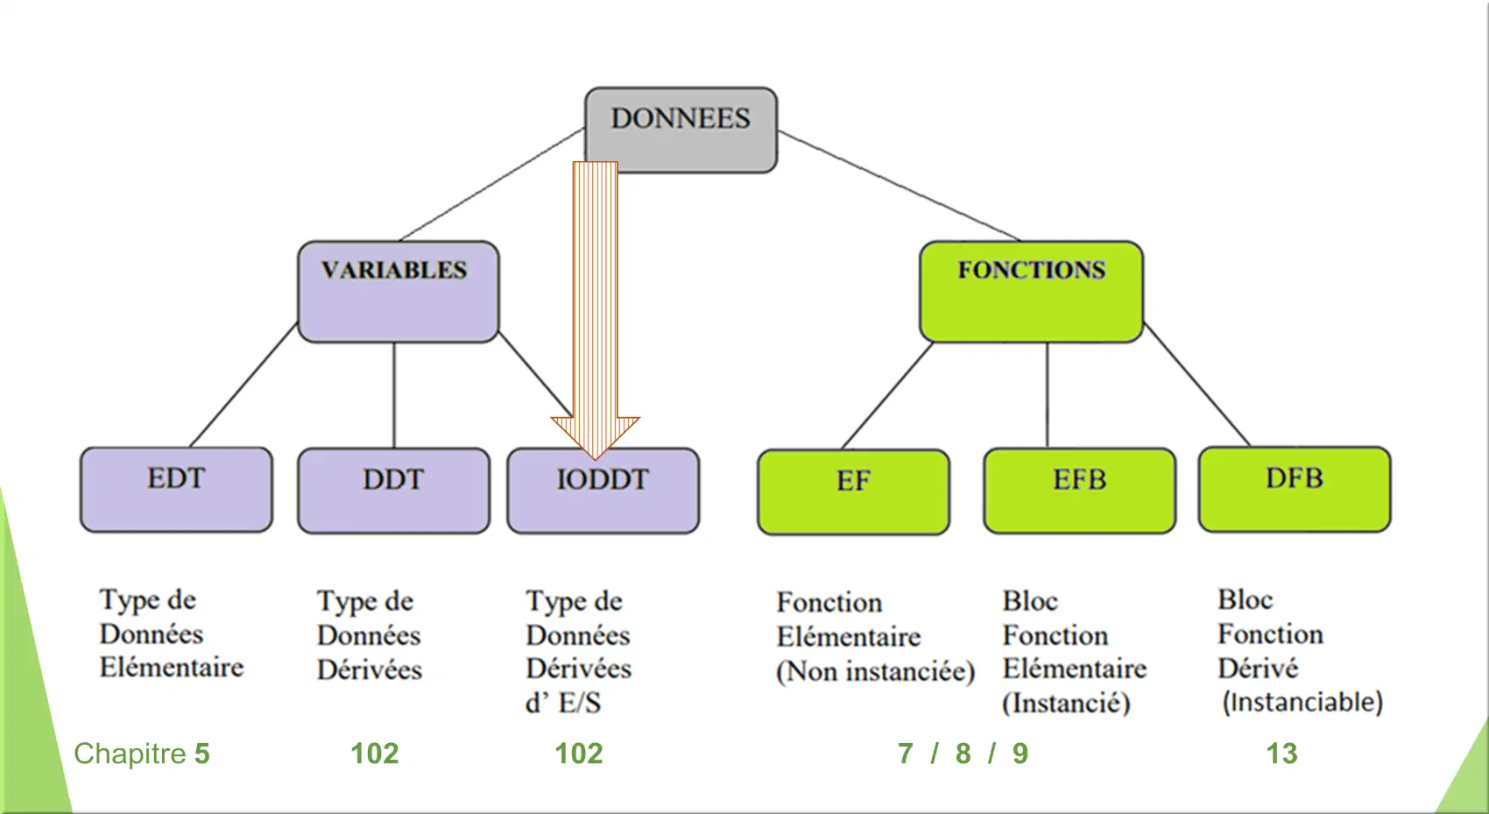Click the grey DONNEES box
click(681, 131)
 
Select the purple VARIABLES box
click(399, 292)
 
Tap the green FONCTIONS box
click(1032, 292)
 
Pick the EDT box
click(176, 490)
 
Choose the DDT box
click(393, 491)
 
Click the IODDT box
click(603, 491)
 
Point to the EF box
click(853, 492)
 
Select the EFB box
click(1079, 491)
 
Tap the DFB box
click(1295, 490)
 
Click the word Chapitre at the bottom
click(130, 754)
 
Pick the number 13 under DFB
click(1281, 754)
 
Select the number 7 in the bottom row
click(906, 754)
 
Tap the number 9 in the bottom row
click(1020, 754)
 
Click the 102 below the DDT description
click(374, 754)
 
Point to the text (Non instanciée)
click(876, 671)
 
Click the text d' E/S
click(563, 702)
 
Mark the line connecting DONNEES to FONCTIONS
click(899, 186)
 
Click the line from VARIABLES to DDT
click(394, 395)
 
